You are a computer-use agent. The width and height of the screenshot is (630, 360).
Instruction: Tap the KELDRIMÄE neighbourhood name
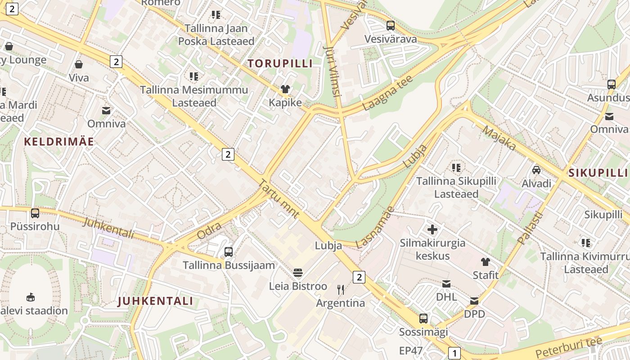tap(59, 142)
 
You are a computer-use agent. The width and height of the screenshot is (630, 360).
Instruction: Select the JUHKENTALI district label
tap(155, 301)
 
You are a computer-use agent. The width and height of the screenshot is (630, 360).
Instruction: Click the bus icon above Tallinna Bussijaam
tap(229, 252)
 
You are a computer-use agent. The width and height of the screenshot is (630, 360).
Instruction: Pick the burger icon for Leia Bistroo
tap(297, 272)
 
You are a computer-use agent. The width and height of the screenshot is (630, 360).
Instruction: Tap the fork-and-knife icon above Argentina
tap(341, 289)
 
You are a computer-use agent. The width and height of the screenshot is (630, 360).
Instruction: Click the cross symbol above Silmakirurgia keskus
tap(432, 230)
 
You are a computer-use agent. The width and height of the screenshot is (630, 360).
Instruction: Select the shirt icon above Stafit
tap(485, 261)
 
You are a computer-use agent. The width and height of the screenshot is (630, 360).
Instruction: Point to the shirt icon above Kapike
tap(285, 89)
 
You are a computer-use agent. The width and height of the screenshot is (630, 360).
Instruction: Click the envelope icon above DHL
tap(446, 283)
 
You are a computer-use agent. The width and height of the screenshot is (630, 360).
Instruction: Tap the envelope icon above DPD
tap(474, 301)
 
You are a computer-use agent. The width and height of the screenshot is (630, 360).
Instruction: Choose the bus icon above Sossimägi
tap(423, 319)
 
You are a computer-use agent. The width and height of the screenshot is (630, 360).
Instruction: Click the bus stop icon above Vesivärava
tap(390, 26)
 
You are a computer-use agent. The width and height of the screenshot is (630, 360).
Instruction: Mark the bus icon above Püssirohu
tap(35, 213)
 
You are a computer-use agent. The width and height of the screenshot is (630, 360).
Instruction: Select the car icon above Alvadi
tap(536, 170)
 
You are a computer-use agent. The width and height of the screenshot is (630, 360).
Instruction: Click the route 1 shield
tap(454, 353)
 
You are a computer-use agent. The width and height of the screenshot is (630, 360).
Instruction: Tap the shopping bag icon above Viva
tap(79, 64)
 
